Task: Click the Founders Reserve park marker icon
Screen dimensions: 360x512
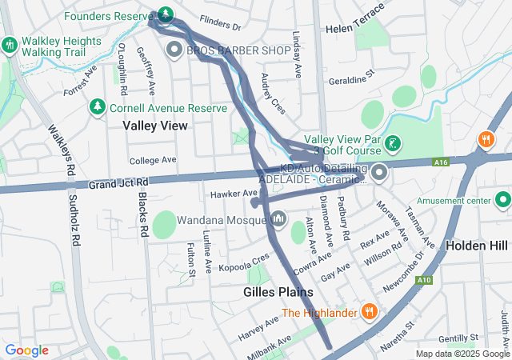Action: tap(166, 14)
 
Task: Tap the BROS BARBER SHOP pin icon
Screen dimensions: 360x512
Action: tap(174, 50)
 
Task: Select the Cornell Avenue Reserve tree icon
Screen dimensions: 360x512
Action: tap(98, 106)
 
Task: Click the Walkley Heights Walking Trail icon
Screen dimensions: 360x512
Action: tap(10, 45)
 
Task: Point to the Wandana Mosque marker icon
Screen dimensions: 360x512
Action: tap(279, 218)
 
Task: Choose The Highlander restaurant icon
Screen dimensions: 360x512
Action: tap(369, 311)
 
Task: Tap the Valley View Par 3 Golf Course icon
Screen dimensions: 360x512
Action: tap(392, 144)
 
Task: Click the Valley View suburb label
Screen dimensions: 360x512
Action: tap(155, 126)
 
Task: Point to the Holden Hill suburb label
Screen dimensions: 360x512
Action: tap(478, 245)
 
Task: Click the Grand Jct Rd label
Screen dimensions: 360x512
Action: tap(120, 185)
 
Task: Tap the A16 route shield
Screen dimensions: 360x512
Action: tap(442, 162)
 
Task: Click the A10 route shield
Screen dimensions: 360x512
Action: tap(424, 279)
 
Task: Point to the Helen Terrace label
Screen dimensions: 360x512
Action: tap(356, 29)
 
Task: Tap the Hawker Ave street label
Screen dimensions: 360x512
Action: tap(234, 194)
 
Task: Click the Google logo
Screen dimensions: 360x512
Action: tap(27, 350)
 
